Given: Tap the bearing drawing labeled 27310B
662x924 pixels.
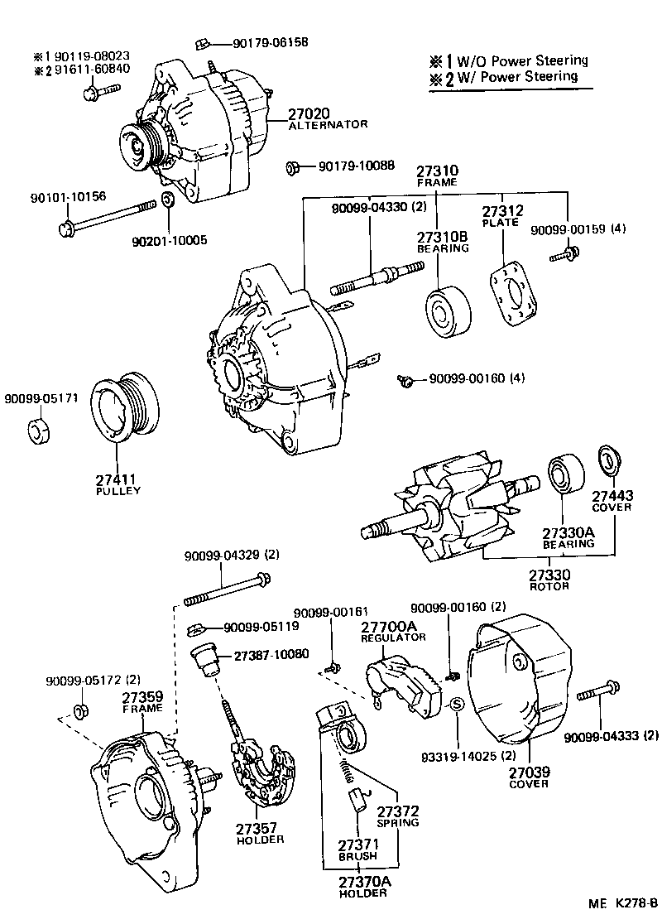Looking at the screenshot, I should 448,312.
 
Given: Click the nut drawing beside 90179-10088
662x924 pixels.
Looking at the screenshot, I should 292,168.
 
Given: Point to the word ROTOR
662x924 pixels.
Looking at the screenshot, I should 549,586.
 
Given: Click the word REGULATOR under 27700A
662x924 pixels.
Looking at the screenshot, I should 393,638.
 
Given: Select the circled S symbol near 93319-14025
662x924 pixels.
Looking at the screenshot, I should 456,705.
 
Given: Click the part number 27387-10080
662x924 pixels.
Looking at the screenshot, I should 271,654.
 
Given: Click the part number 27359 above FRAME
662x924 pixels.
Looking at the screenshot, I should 142,696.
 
